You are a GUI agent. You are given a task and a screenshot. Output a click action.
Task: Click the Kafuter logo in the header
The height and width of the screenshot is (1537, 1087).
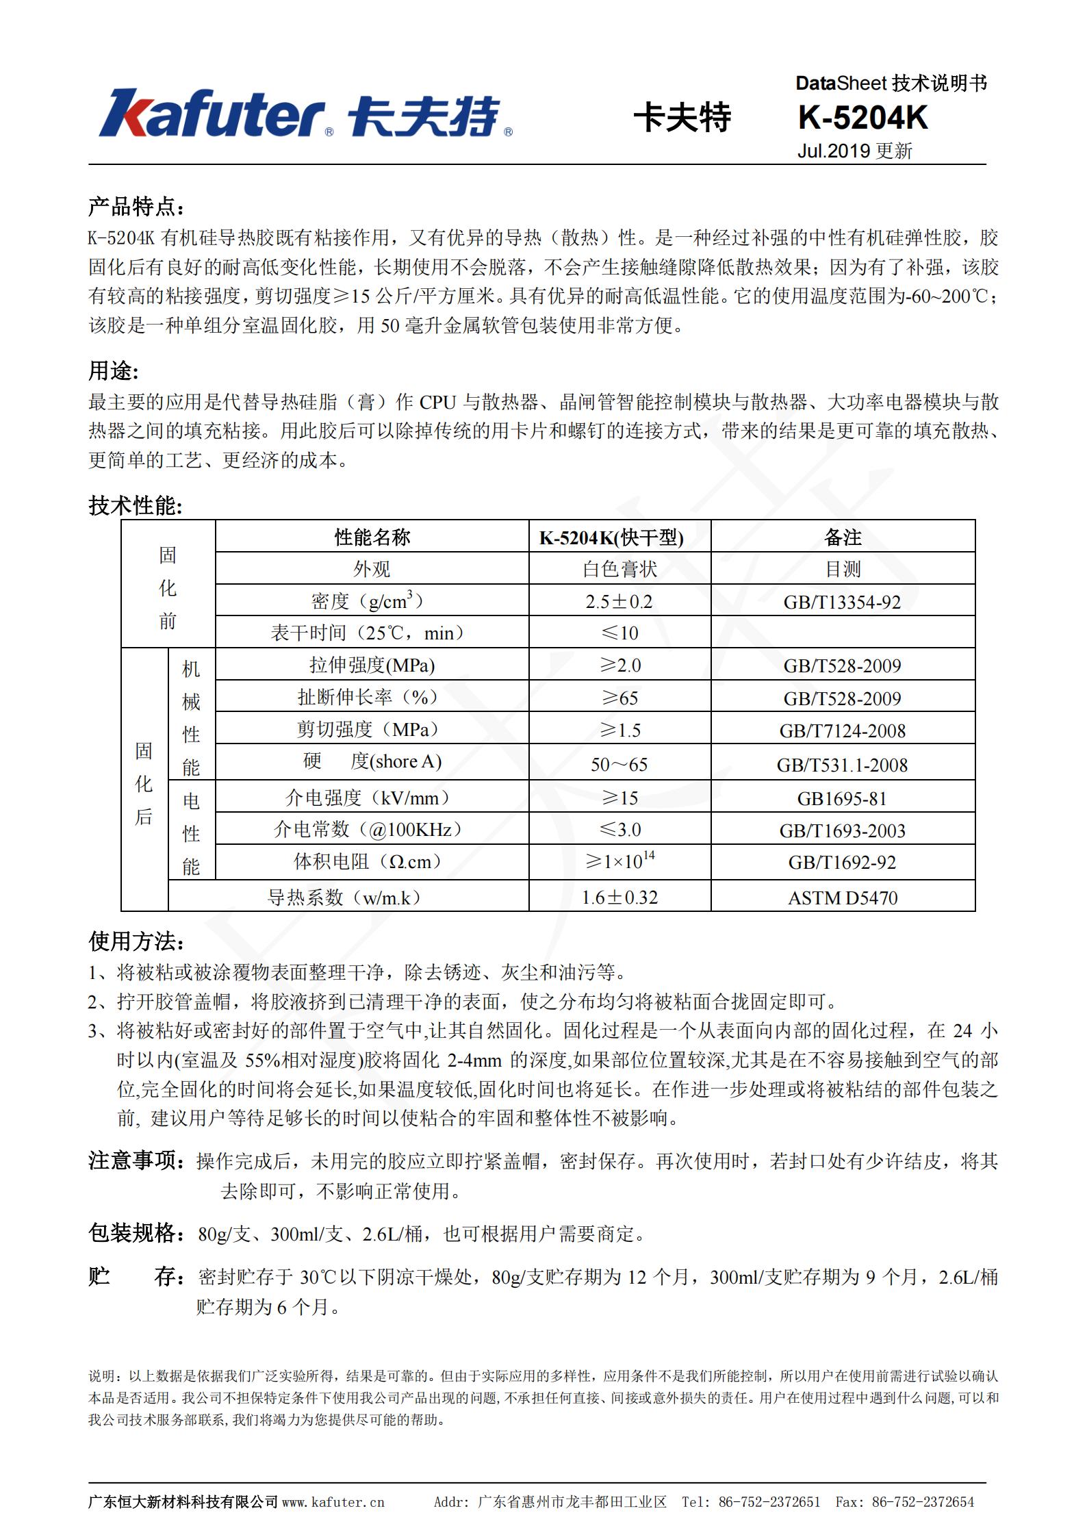tap(305, 114)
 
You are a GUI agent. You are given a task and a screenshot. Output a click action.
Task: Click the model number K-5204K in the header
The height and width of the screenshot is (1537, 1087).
tap(862, 118)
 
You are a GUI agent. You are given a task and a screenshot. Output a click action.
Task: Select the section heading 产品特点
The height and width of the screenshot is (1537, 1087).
tap(136, 207)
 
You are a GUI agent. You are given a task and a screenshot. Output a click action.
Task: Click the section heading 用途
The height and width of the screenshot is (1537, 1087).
tap(113, 370)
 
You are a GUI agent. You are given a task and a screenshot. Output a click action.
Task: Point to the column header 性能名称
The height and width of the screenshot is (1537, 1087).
tap(372, 537)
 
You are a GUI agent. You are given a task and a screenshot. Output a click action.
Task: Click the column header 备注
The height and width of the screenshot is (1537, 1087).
tap(843, 537)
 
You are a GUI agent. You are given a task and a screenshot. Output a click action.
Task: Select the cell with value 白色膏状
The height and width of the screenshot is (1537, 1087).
tap(619, 569)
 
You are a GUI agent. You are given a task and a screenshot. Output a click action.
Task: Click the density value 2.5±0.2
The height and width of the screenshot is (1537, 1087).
tap(619, 602)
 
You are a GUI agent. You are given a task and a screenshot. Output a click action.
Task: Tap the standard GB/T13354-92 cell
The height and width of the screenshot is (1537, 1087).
tap(843, 602)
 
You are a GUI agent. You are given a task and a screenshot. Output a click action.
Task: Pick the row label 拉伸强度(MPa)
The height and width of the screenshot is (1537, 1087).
tap(372, 665)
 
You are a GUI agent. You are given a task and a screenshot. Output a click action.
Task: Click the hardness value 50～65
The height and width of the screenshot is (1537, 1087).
tap(619, 764)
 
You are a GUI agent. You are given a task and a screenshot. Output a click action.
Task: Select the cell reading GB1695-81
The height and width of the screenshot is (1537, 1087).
tap(843, 798)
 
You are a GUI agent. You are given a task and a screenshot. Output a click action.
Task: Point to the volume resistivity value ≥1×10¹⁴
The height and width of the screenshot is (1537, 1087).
tap(619, 861)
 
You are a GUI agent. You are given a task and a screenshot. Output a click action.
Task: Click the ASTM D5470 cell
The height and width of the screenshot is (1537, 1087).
tap(843, 898)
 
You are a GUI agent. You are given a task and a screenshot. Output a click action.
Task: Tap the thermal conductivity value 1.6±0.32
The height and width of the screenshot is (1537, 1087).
tap(619, 898)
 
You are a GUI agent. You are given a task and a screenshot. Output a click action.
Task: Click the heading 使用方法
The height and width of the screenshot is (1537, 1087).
tap(136, 942)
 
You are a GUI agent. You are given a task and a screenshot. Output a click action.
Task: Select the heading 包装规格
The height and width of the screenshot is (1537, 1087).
tap(136, 1233)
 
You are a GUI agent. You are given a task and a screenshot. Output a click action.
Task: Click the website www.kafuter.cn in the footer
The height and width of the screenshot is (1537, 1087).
tap(333, 1501)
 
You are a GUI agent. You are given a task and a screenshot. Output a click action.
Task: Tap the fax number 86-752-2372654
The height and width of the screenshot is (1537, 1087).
tap(923, 1501)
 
